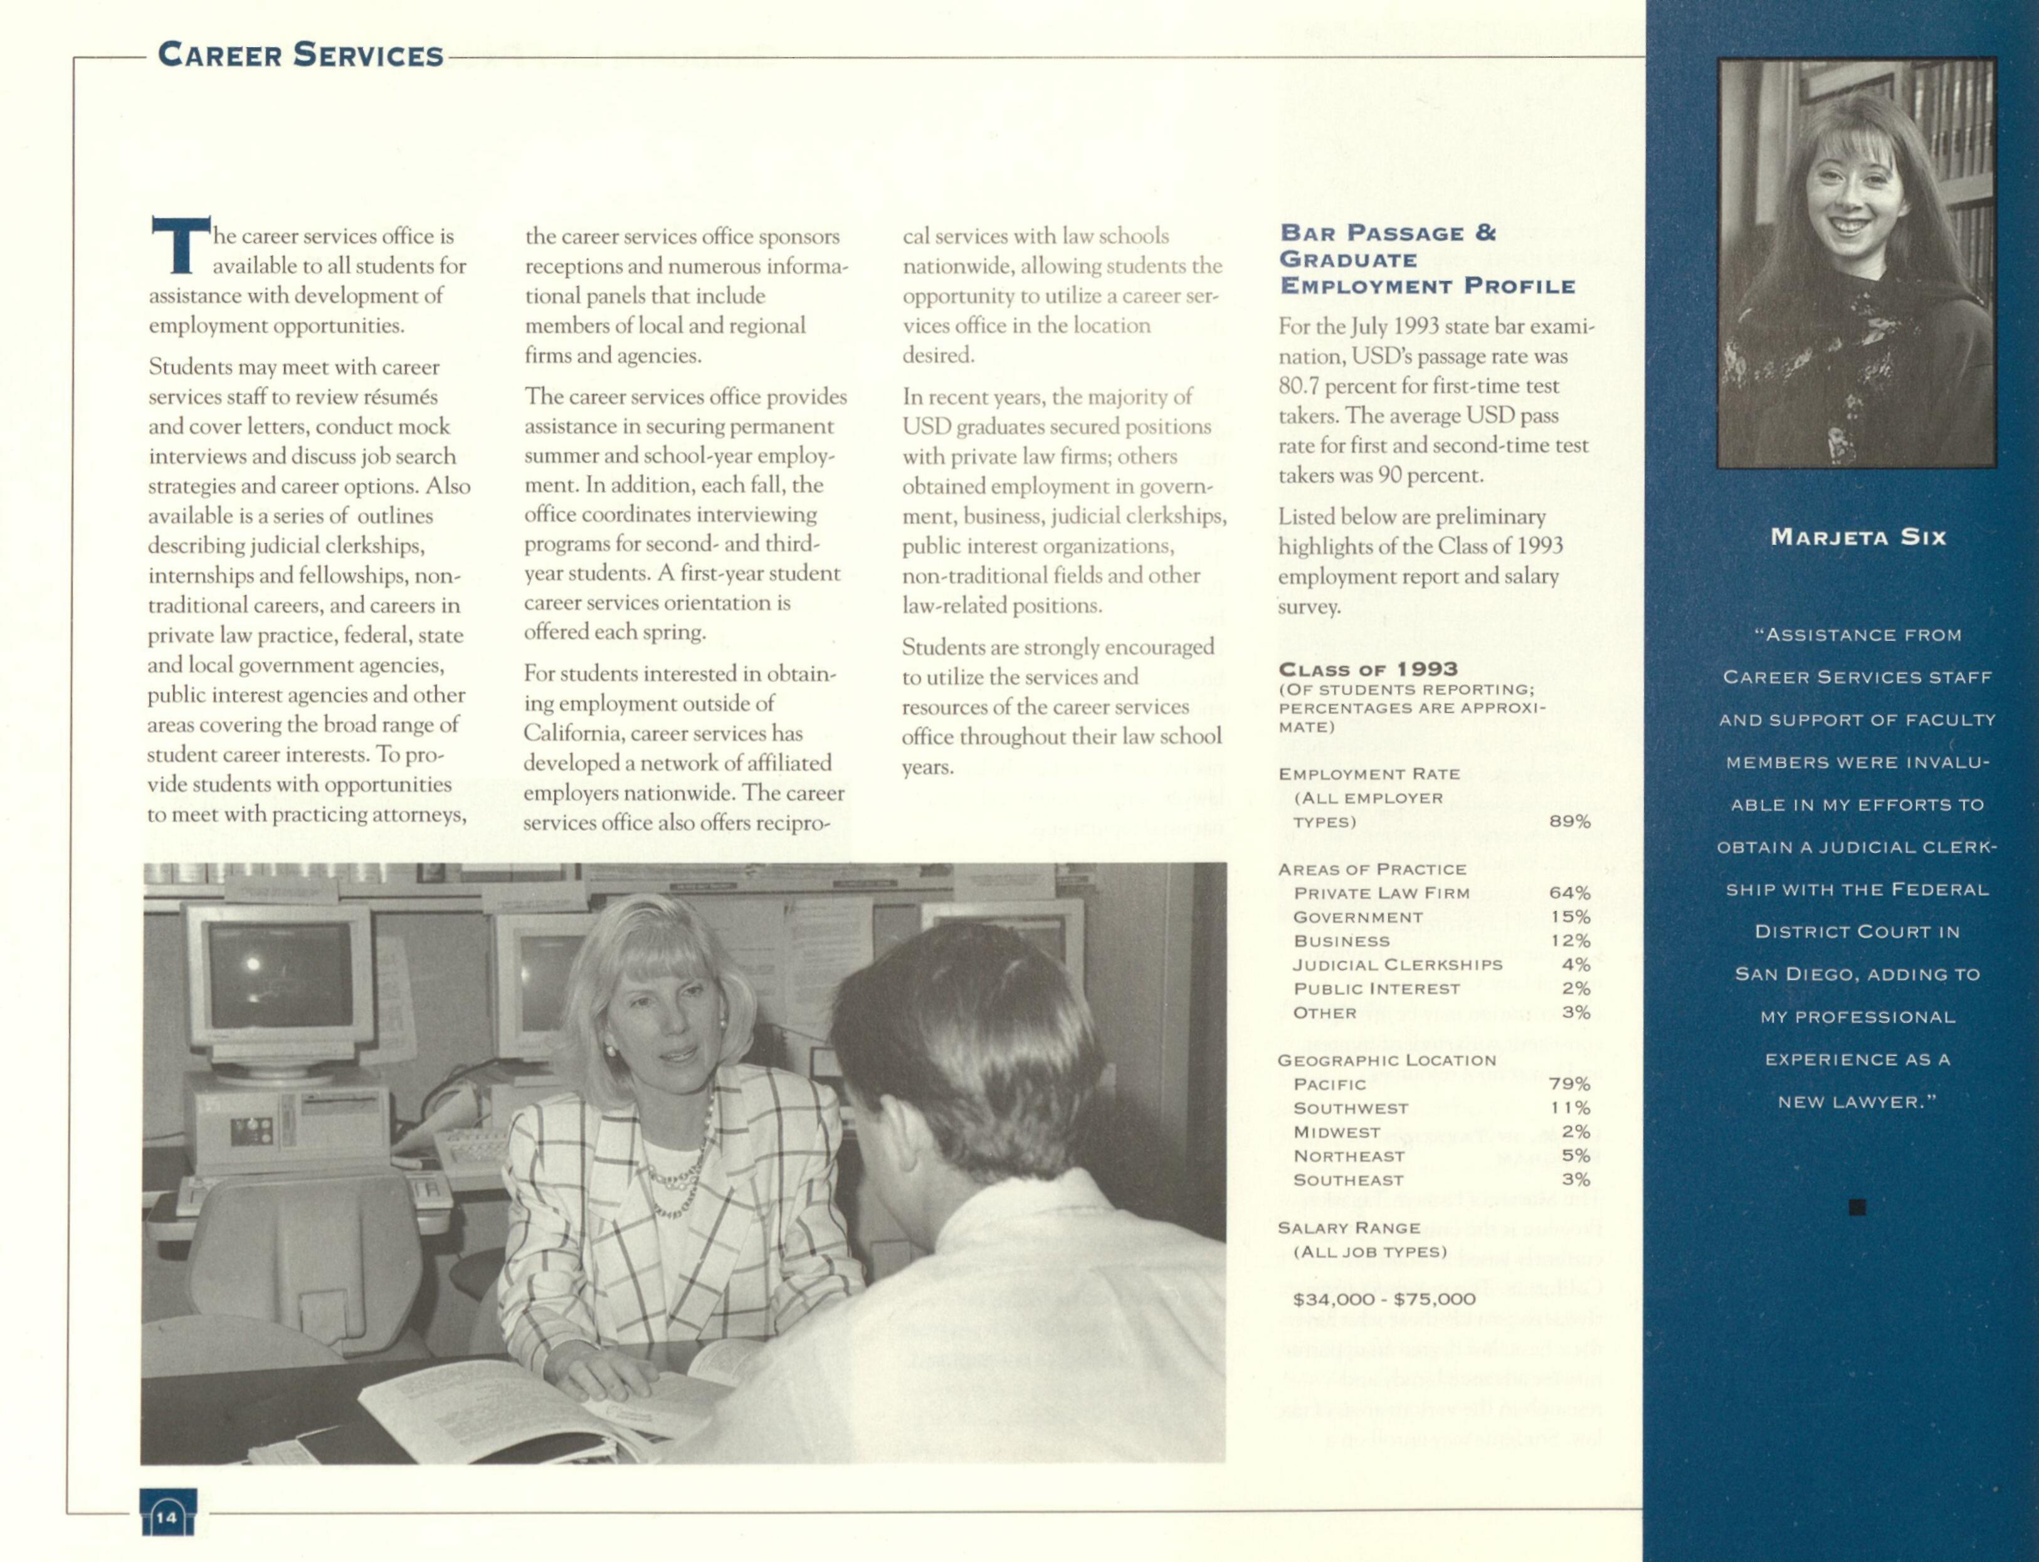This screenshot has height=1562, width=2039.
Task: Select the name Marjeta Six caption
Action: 1858,537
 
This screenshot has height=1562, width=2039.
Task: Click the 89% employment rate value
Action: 1569,821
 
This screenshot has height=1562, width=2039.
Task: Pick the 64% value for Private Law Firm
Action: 1569,892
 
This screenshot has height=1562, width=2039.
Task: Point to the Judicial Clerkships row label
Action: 1398,965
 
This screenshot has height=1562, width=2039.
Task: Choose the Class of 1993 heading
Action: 1367,670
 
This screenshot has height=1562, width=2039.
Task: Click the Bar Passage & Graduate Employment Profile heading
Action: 1427,260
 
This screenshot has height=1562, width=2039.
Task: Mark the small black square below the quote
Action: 1857,1208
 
